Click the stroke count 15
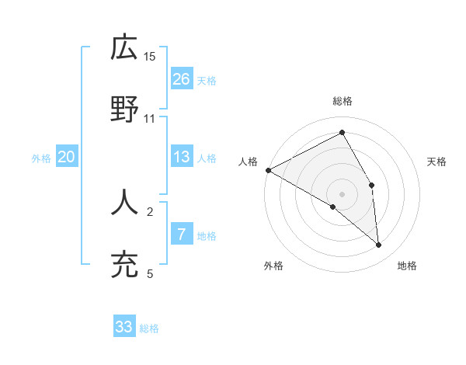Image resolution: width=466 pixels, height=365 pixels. coord(150,56)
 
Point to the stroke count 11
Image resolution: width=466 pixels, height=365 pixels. coord(150,118)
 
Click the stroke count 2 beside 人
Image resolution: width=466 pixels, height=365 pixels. coord(150,211)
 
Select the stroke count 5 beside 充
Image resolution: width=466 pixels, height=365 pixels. coord(150,273)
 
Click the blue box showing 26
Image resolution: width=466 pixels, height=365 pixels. coord(182,79)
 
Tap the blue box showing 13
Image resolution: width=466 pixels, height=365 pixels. coord(182,158)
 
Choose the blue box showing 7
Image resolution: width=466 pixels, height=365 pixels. coord(182,235)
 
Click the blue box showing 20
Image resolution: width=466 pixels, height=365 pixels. coord(67,158)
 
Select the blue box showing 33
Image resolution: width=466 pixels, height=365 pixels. coord(124,328)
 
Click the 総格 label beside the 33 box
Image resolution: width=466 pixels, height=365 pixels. coord(149,328)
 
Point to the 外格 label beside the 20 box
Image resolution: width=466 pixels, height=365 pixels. coord(41,158)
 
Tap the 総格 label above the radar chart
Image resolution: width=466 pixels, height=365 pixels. coord(343,101)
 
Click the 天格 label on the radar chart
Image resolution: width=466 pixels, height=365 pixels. coord(437,162)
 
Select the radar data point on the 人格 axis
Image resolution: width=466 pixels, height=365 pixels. coord(268,170)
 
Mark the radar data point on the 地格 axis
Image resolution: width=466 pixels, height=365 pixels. coord(379,245)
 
